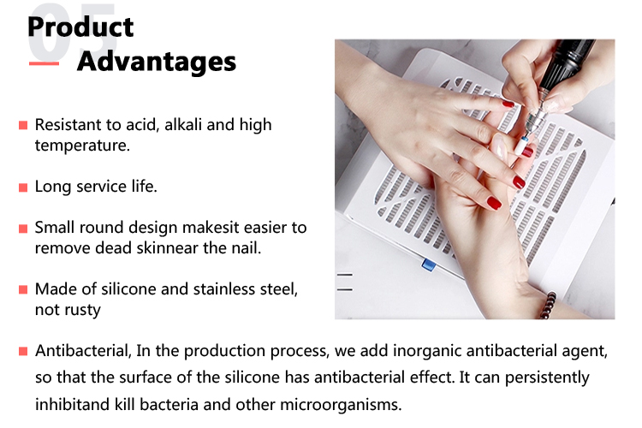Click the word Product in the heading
pos(80,27)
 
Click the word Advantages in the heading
pos(157,62)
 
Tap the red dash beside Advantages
pos(44,63)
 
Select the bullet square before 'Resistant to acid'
pos(23,125)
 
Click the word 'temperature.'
pos(82,146)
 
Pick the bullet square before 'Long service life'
pos(23,187)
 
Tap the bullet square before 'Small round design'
pos(23,229)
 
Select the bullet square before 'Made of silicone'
pos(23,290)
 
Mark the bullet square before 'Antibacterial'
pos(23,352)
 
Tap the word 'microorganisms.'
pos(341,405)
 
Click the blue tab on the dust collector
pos(429,265)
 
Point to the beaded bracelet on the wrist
pos(548,305)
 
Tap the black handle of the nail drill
pos(567,65)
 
